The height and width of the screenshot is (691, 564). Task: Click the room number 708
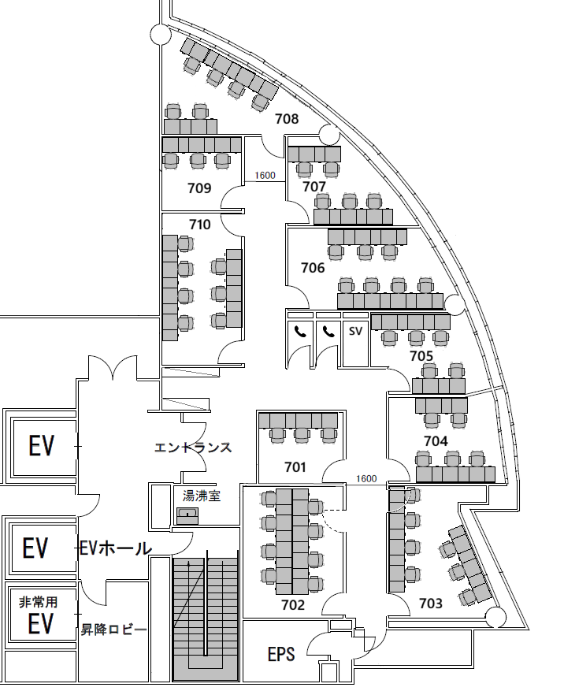coord(287,119)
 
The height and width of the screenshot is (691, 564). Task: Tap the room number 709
coord(199,188)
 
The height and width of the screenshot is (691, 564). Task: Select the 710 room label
coord(200,225)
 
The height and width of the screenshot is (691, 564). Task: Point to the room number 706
coord(313,268)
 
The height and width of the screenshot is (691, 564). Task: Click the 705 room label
coord(421,355)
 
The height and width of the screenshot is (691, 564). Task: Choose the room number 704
coord(436,440)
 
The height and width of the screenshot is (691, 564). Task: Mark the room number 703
coord(431,603)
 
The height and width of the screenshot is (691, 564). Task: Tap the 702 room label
coord(293,604)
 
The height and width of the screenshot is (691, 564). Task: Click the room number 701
coord(295,466)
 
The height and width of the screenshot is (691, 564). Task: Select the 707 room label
coord(314,187)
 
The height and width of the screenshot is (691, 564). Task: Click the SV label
coord(355,330)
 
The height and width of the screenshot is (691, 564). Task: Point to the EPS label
coord(281,654)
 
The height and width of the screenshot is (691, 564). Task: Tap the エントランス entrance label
coord(193,448)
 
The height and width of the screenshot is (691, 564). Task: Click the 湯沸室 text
coord(202,496)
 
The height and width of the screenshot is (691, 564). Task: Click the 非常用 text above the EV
coord(38,602)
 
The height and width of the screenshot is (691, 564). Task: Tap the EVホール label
coord(116,548)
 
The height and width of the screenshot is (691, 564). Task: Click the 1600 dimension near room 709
coord(265,176)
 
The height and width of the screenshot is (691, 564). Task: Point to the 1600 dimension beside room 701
coord(366,478)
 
